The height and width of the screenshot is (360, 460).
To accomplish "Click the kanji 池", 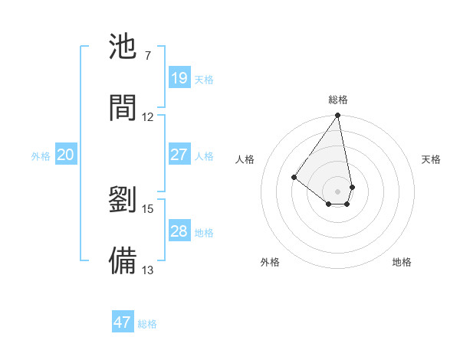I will click(x=123, y=47).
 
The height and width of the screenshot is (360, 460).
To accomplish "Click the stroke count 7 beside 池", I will click(x=147, y=56).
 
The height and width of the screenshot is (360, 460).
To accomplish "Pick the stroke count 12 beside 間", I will click(x=148, y=116).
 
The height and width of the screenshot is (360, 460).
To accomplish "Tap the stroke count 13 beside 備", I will click(x=148, y=270).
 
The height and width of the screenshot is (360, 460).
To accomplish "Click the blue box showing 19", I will click(x=179, y=78).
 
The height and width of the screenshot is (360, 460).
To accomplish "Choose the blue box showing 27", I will click(x=179, y=155).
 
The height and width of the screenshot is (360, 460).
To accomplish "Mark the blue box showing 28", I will click(x=179, y=231).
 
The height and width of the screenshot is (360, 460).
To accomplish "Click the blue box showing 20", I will click(x=65, y=155).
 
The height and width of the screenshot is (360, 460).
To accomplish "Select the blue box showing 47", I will click(x=123, y=322).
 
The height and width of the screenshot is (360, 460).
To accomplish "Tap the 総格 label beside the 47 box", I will click(x=147, y=324).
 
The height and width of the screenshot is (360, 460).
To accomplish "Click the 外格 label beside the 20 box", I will click(x=41, y=156).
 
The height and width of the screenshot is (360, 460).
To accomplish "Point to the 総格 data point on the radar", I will click(x=337, y=116).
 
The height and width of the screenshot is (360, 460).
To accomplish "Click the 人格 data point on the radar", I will click(x=294, y=178).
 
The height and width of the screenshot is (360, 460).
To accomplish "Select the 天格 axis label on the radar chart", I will click(x=431, y=159).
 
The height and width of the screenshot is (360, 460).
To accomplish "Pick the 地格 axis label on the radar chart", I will click(x=402, y=262).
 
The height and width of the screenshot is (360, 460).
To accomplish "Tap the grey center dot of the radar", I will click(x=337, y=191).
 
